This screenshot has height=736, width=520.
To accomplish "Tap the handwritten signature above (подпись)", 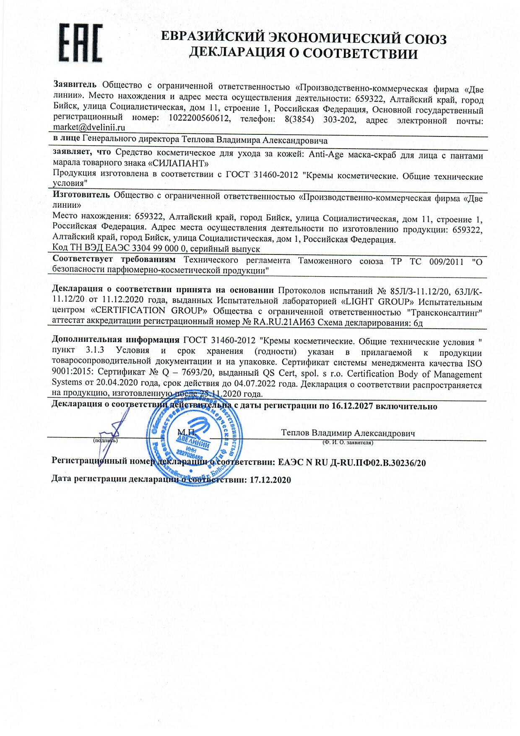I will click(111, 437).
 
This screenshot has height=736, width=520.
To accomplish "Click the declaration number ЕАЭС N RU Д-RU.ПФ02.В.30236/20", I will click(352, 463).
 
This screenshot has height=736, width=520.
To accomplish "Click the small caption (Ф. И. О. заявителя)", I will click(348, 443).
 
